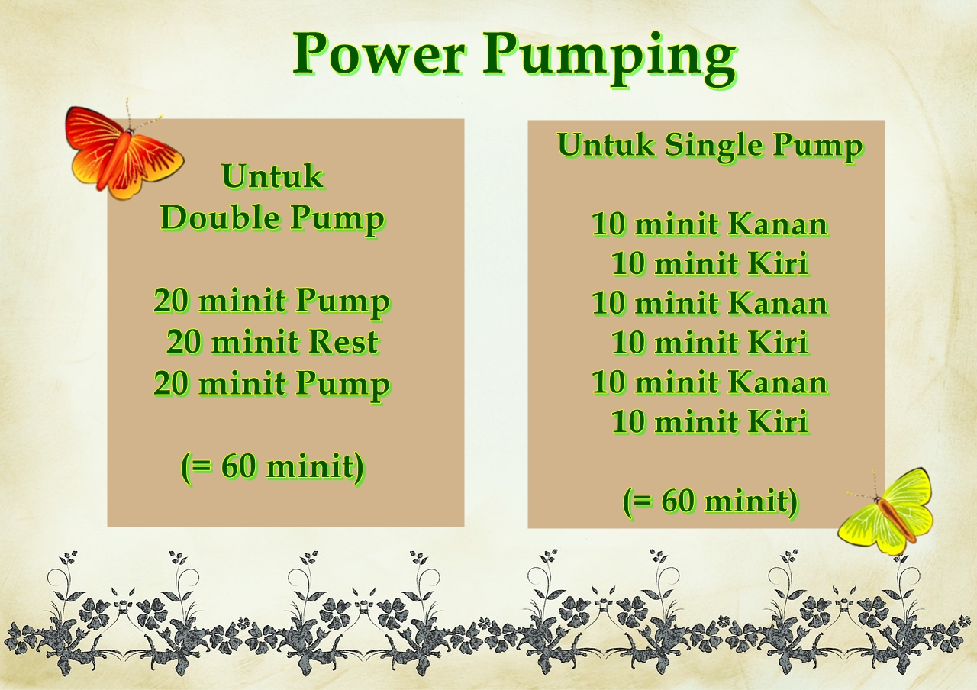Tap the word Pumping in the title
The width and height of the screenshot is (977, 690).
tap(609, 58)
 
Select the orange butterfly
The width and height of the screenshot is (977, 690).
tap(123, 152)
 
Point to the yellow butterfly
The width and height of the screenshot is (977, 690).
tap(888, 511)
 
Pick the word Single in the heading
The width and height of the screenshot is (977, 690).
tap(715, 145)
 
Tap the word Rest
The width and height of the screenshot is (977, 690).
tap(343, 342)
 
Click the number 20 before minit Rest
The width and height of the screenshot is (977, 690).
tap(183, 342)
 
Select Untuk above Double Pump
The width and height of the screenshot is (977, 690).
tap(272, 177)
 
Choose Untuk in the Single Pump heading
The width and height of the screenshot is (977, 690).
tap(605, 145)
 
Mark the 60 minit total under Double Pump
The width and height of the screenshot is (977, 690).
tap(272, 466)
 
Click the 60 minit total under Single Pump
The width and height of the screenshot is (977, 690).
tap(711, 501)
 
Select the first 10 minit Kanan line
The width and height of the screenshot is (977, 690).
tap(710, 224)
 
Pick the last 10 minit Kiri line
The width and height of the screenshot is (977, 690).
tap(710, 421)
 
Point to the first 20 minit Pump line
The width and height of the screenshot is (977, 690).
tap(272, 301)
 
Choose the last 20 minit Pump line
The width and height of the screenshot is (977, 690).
tap(272, 383)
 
